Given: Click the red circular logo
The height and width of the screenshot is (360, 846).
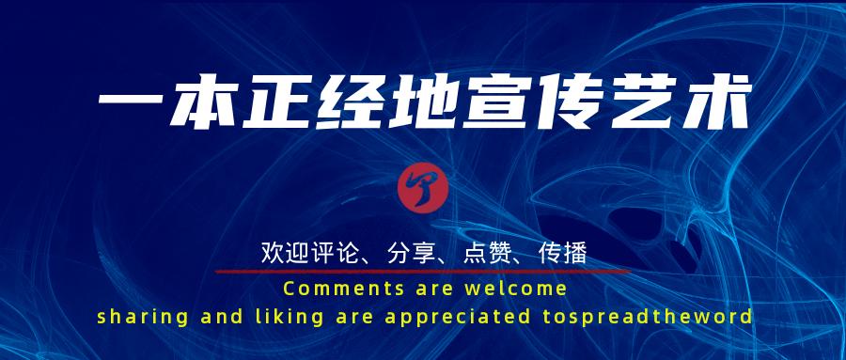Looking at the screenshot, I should pos(422,188).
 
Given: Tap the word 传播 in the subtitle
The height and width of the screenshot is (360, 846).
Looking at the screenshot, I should pos(565,252).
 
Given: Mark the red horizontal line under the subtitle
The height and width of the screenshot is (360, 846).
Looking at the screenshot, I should pos(422,271).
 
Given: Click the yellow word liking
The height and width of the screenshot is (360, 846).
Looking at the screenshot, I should pos(276,316).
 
